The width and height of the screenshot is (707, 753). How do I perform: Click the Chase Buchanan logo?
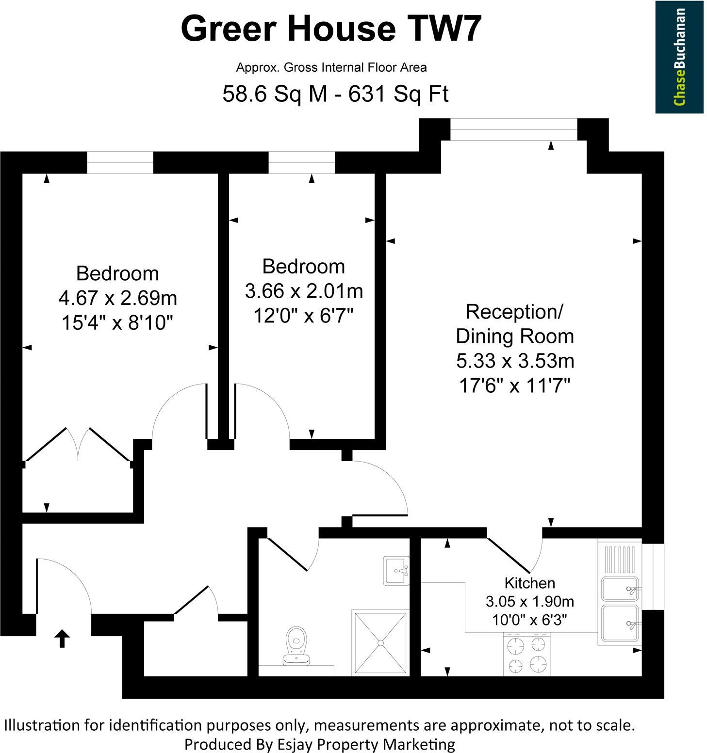679,57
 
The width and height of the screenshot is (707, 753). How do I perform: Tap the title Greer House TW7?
331,28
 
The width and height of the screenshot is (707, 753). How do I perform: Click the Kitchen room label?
529,582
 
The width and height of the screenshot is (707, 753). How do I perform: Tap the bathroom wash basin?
396,570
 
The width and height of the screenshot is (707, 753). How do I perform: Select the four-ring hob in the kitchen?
527,655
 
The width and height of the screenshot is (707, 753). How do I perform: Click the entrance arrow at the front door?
62,638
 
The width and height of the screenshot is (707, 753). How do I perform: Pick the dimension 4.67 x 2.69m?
117,298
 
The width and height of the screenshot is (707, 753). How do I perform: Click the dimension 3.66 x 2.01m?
304,291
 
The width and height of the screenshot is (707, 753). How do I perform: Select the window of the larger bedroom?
120,162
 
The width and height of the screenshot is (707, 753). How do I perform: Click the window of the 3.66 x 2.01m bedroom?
301,162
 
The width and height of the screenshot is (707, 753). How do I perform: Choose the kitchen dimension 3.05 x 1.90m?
529,601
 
